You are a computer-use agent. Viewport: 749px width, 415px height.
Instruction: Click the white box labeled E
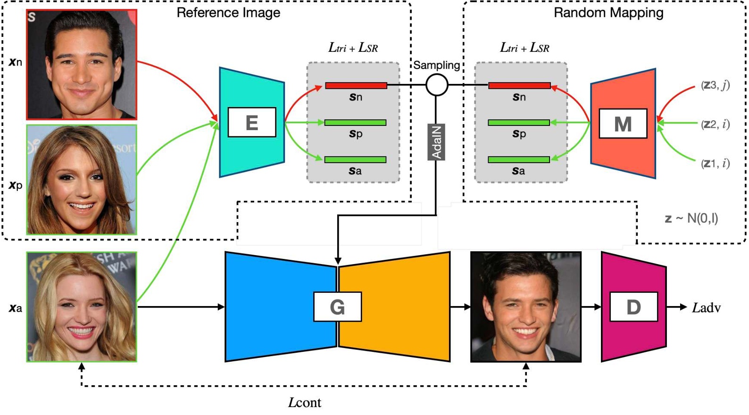251,123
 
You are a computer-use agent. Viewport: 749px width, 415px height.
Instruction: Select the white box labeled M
623,124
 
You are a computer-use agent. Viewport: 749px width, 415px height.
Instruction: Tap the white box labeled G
337,307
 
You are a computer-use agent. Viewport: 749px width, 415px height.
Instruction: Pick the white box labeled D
633,307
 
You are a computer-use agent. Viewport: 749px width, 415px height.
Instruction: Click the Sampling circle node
437,85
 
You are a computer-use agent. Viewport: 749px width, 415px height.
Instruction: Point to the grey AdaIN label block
436,142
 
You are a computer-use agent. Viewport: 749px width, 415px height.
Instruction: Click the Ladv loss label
706,307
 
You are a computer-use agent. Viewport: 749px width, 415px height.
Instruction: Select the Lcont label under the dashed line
305,402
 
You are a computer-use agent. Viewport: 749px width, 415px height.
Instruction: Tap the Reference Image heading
228,13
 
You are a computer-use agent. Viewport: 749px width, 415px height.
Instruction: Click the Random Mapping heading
608,13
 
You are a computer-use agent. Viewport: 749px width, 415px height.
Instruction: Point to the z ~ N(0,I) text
691,218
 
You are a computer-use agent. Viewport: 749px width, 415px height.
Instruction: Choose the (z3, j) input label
715,85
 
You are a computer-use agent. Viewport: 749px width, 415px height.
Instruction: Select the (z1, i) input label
715,163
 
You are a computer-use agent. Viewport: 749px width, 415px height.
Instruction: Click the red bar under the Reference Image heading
356,85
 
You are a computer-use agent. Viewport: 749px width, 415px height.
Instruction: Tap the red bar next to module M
519,85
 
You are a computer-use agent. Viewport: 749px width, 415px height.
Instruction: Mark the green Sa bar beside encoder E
355,160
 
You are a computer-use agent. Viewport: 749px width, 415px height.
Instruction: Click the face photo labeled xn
82,64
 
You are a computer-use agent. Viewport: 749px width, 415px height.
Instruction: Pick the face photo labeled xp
82,180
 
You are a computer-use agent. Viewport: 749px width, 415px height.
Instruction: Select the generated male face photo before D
525,307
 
